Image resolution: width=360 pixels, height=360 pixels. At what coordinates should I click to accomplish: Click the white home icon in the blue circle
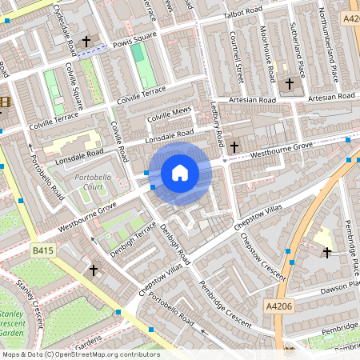coord(180,173)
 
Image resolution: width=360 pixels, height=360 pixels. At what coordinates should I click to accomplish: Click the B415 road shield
coord(45,250)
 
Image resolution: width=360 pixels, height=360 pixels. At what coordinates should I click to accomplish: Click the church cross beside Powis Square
coord(86,40)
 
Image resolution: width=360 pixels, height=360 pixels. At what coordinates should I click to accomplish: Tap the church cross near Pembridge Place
coord(326,253)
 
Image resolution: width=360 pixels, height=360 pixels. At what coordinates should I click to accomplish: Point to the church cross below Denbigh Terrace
coord(94,270)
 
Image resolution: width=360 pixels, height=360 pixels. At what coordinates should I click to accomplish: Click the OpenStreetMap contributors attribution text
coord(80,354)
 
